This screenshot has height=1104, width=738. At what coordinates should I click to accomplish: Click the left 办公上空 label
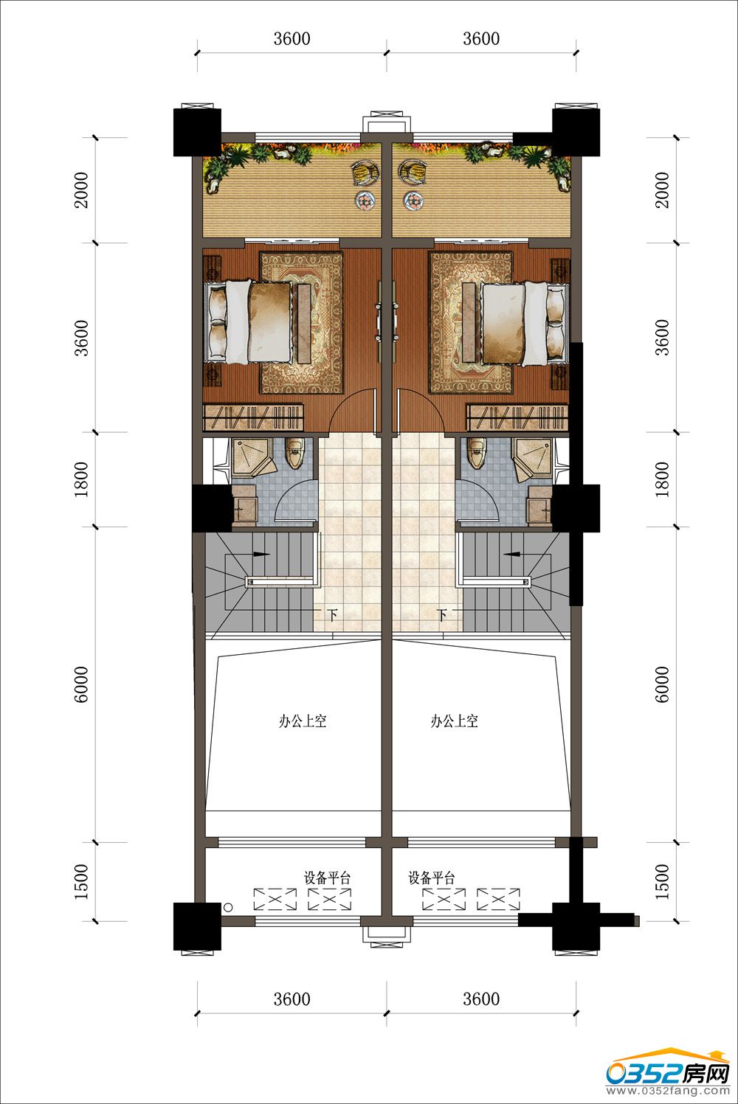[303, 722]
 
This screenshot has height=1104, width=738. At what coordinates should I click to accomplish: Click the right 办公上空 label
[454, 722]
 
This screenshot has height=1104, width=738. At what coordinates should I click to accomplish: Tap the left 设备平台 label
[327, 878]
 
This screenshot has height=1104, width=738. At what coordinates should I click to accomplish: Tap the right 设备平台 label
[432, 878]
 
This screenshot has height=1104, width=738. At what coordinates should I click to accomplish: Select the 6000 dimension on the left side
[82, 684]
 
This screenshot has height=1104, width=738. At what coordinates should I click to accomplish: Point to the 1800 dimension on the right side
[663, 479]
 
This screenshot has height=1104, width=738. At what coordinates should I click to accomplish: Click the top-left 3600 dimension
[292, 39]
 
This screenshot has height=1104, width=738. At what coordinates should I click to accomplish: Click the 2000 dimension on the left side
[82, 190]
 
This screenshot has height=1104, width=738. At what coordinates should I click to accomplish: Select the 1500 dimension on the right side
[663, 882]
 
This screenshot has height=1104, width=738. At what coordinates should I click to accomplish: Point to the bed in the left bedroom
[251, 322]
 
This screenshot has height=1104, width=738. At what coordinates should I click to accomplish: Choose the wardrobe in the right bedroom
[519, 417]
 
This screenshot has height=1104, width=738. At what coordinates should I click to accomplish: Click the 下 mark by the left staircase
[334, 615]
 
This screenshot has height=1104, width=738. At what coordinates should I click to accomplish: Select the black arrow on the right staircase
[513, 553]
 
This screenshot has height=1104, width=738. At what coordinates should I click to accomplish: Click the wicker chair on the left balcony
[365, 173]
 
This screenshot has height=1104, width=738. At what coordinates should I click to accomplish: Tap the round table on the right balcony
[413, 200]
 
